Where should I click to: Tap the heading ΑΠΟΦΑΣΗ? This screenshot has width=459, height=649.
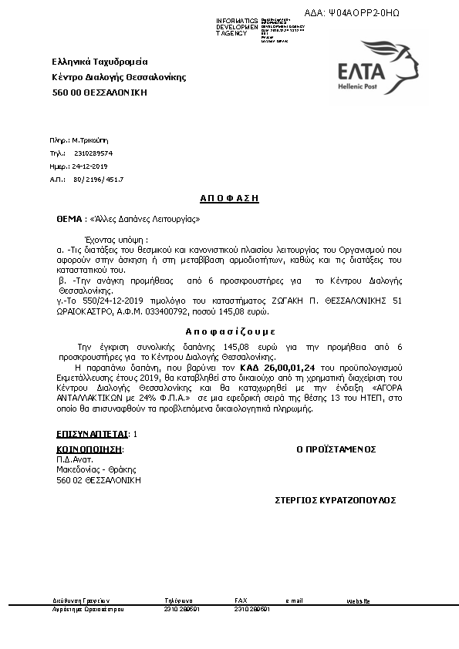[x=229, y=198]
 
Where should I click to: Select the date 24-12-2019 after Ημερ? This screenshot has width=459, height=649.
[x=91, y=166]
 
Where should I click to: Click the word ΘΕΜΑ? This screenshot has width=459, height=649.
[x=69, y=219]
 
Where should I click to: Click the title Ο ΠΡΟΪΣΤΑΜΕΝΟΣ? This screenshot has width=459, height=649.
[x=336, y=449]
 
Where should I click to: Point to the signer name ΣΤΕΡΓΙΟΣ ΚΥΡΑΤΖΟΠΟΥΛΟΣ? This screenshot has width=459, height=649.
[x=335, y=500]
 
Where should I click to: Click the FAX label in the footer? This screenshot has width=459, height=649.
[x=241, y=600]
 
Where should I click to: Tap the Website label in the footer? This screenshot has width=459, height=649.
[x=359, y=600]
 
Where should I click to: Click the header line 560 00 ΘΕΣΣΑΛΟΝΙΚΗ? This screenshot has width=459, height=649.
[x=99, y=92]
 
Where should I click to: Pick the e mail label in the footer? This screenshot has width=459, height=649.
[x=294, y=600]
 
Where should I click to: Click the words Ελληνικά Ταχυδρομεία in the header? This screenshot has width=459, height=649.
[x=100, y=62]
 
